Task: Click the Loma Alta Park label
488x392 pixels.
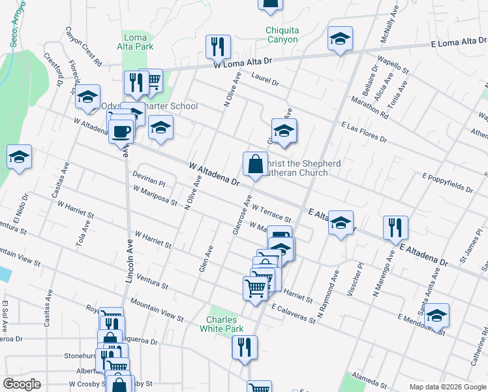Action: click(x=135, y=42)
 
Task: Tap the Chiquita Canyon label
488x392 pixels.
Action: click(x=282, y=35)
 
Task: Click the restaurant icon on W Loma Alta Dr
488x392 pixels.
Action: click(x=217, y=47)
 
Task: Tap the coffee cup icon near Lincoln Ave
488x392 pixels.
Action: click(x=121, y=131)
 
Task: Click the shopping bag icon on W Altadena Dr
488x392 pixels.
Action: click(x=254, y=164)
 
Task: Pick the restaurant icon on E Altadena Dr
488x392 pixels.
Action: click(x=395, y=228)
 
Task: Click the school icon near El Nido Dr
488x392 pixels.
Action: click(x=20, y=157)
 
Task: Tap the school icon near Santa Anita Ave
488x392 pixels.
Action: click(x=436, y=315)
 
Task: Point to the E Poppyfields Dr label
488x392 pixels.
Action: click(x=448, y=182)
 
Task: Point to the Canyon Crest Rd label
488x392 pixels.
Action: click(x=83, y=46)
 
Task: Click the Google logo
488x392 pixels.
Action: click(x=22, y=384)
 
